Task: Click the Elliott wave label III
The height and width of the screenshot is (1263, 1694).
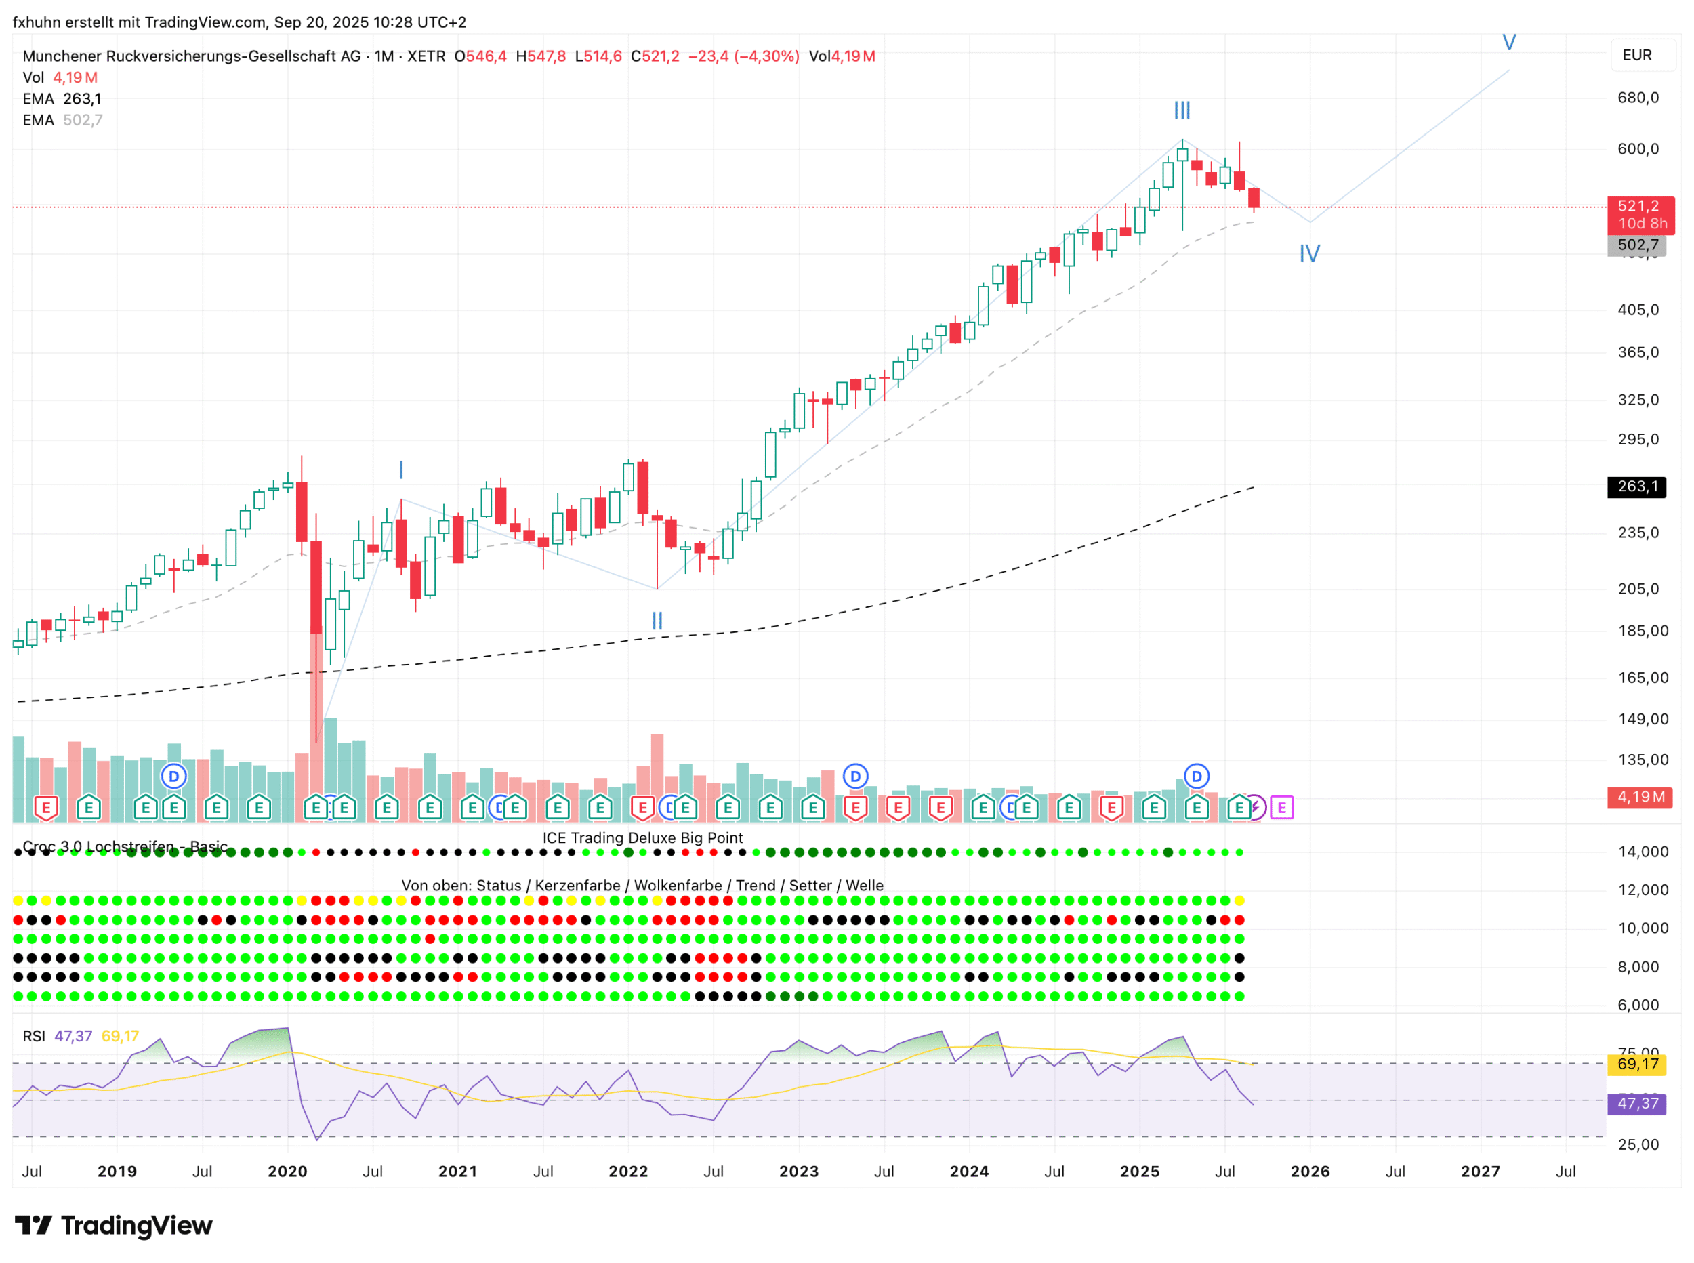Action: tap(1182, 111)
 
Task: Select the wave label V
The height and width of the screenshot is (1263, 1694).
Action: tap(1508, 43)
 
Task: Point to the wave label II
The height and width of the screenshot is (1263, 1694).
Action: tap(657, 621)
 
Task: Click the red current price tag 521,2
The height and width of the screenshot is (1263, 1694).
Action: tap(1640, 207)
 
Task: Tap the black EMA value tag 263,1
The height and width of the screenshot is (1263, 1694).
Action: tap(1636, 487)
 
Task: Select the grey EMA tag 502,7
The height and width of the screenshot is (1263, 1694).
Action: tap(1636, 245)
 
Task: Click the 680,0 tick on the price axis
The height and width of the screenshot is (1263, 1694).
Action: tap(1638, 98)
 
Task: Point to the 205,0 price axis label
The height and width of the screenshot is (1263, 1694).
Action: tap(1638, 589)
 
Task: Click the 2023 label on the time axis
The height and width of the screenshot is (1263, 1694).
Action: tap(798, 1172)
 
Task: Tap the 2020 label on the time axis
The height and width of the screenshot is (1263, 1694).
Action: tap(287, 1172)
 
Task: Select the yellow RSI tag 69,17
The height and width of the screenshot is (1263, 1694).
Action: tap(1636, 1064)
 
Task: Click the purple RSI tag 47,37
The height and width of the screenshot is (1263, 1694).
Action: tap(1636, 1103)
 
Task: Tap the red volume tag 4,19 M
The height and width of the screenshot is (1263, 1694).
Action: tap(1640, 797)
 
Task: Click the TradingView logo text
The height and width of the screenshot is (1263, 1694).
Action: tap(114, 1226)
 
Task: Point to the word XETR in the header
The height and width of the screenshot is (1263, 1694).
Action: tap(426, 56)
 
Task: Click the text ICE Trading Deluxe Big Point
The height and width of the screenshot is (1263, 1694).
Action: tap(642, 838)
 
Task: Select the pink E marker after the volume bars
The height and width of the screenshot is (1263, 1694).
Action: tap(1281, 808)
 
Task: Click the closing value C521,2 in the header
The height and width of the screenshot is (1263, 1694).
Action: tap(655, 56)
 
